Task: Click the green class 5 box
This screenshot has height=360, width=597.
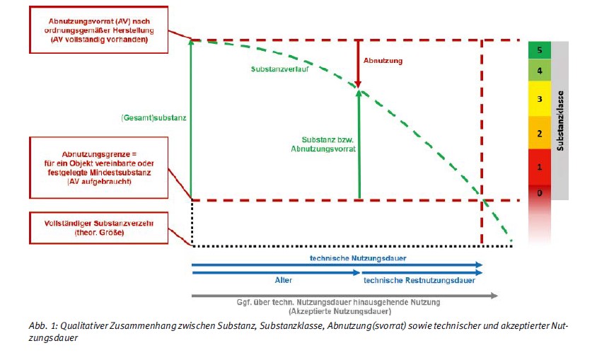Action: [539, 51]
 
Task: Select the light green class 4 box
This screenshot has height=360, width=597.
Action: [539, 71]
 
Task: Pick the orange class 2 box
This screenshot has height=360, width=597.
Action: [539, 134]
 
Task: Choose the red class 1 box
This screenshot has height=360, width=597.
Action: [539, 168]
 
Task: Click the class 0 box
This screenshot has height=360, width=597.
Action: [539, 192]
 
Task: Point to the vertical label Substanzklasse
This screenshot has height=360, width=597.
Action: [560, 120]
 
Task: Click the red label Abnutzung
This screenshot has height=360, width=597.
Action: [383, 61]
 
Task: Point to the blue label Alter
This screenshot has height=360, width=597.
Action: [283, 280]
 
